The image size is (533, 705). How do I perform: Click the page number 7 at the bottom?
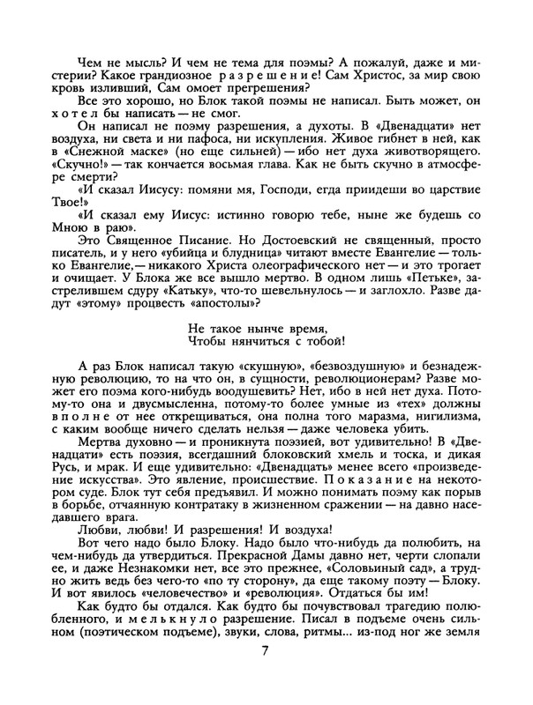point(266,676)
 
